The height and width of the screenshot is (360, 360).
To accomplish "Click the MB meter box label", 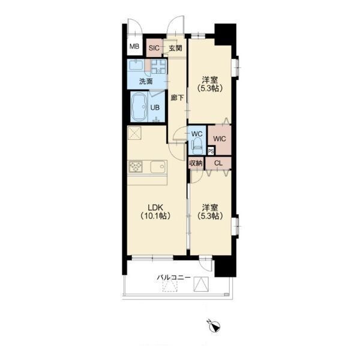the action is pyautogui.click(x=134, y=46).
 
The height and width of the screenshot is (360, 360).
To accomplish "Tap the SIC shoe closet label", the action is pyautogui.click(x=154, y=48).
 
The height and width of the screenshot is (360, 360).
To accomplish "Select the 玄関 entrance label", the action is pyautogui.click(x=175, y=48).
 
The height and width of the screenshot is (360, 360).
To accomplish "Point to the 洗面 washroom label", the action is pyautogui.click(x=146, y=81).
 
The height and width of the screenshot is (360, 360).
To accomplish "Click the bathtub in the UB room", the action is pyautogui.click(x=139, y=107).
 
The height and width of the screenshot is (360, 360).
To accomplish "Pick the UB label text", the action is pyautogui.click(x=155, y=107).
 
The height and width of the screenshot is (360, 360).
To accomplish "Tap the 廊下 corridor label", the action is pyautogui.click(x=177, y=98).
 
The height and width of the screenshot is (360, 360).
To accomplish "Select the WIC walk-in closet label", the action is pyautogui.click(x=219, y=139).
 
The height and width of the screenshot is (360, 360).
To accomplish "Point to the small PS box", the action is pyautogui.click(x=211, y=151).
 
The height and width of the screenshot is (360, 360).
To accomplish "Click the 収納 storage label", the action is pyautogui.click(x=196, y=163).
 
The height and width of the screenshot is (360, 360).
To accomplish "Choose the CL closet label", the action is pyautogui.click(x=218, y=163).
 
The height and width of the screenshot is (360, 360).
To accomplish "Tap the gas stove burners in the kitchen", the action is pyautogui.click(x=136, y=166).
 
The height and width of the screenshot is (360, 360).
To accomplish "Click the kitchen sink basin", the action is pyautogui.click(x=158, y=167).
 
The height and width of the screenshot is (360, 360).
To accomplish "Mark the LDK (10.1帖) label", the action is pyautogui.click(x=155, y=212).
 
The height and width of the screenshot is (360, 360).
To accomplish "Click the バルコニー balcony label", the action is pyautogui.click(x=173, y=278).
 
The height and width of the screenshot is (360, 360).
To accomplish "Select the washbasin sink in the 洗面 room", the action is pyautogui.click(x=136, y=65).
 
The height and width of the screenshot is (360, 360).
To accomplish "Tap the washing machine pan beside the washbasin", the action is pyautogui.click(x=158, y=67).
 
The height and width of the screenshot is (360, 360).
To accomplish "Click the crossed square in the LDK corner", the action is pyautogui.click(x=134, y=133).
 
